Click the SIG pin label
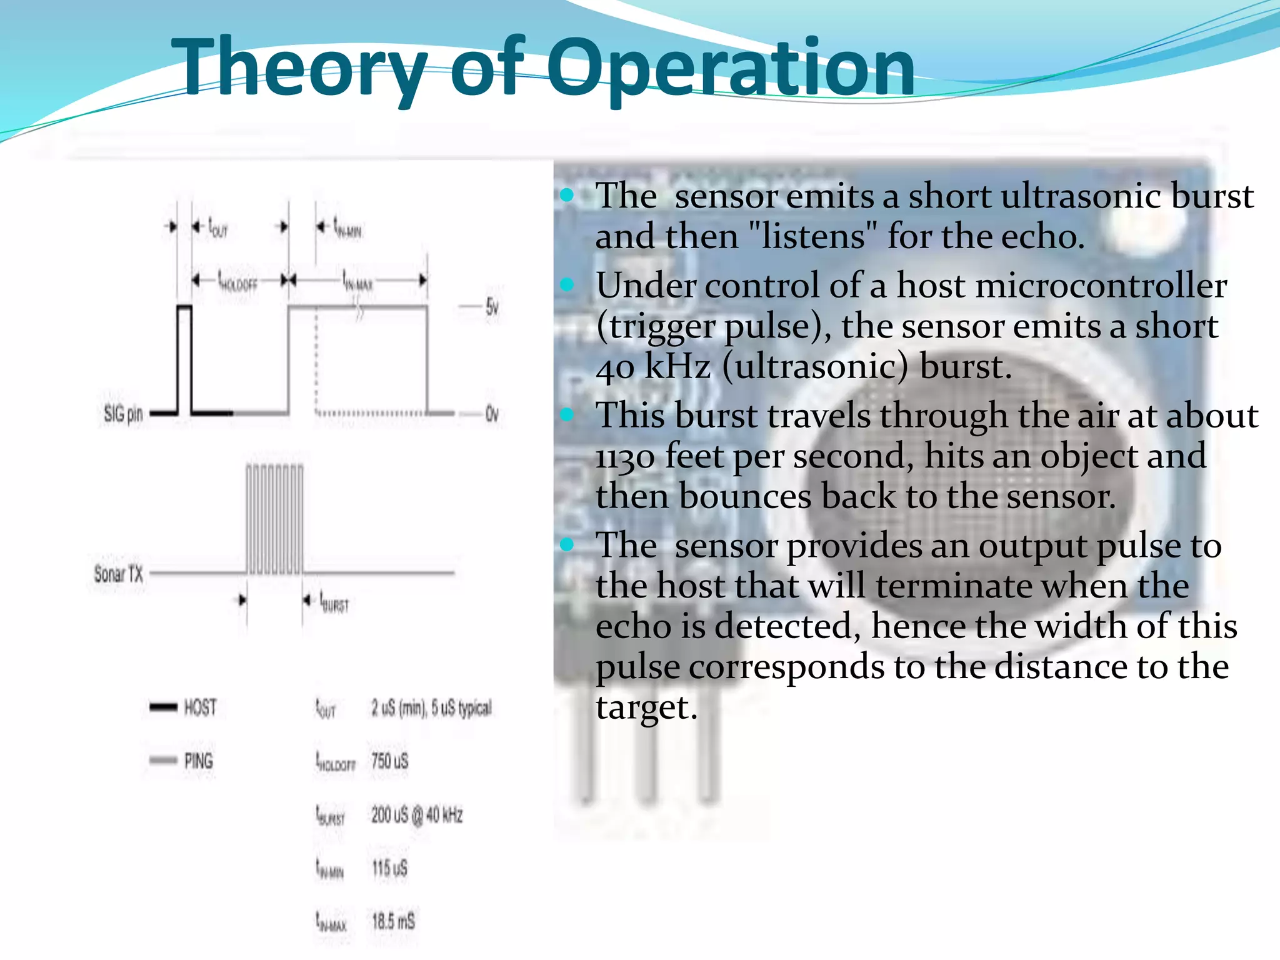click(x=123, y=413)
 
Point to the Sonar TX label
click(x=118, y=573)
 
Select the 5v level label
click(x=492, y=307)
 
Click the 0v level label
click(x=492, y=414)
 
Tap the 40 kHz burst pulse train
click(x=274, y=519)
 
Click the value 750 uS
click(x=389, y=761)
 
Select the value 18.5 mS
click(x=393, y=921)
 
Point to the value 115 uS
click(x=389, y=867)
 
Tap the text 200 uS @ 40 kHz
click(x=417, y=814)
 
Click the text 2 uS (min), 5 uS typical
click(x=431, y=707)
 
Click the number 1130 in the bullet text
click(x=625, y=456)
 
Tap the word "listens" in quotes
click(x=814, y=237)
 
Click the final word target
click(x=646, y=707)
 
